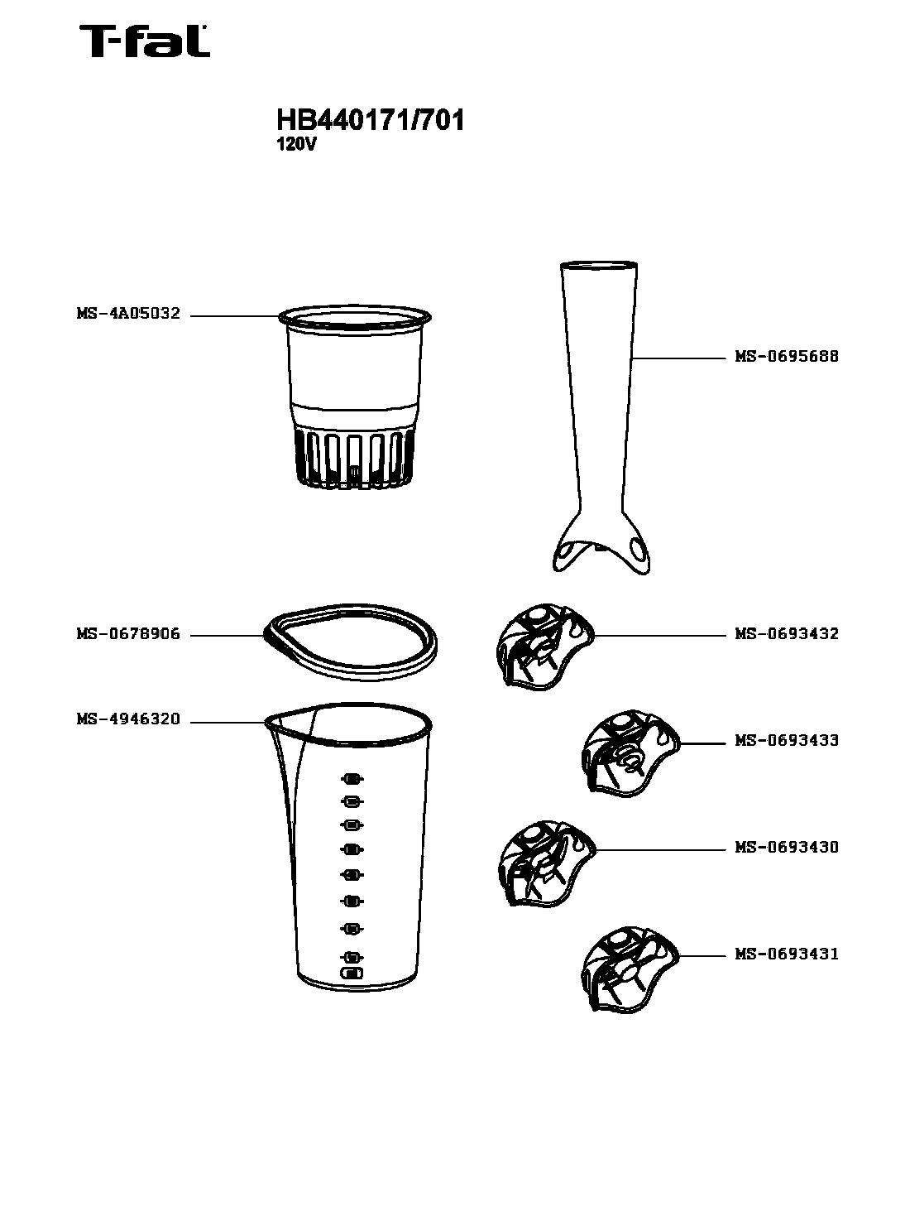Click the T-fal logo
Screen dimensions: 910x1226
[144, 41]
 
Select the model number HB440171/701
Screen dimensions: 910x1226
[370, 120]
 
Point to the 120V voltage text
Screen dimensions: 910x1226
[297, 145]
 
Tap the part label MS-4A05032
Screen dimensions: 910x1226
[128, 314]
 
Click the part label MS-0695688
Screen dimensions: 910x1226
[787, 357]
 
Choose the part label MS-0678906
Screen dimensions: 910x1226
[128, 633]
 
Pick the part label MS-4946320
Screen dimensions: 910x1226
[128, 719]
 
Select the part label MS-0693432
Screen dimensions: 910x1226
[787, 633]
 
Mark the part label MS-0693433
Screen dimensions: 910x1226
[787, 740]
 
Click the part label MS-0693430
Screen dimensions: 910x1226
[787, 848]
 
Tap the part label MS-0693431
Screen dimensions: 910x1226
[787, 954]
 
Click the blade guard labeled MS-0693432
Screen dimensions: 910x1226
[544, 647]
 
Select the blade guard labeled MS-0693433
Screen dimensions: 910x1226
[630, 753]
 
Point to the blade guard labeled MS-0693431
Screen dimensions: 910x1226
[630, 970]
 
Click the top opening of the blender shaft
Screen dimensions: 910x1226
[599, 267]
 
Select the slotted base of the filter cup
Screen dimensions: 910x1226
[355, 459]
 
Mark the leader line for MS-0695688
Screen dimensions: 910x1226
[678, 358]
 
